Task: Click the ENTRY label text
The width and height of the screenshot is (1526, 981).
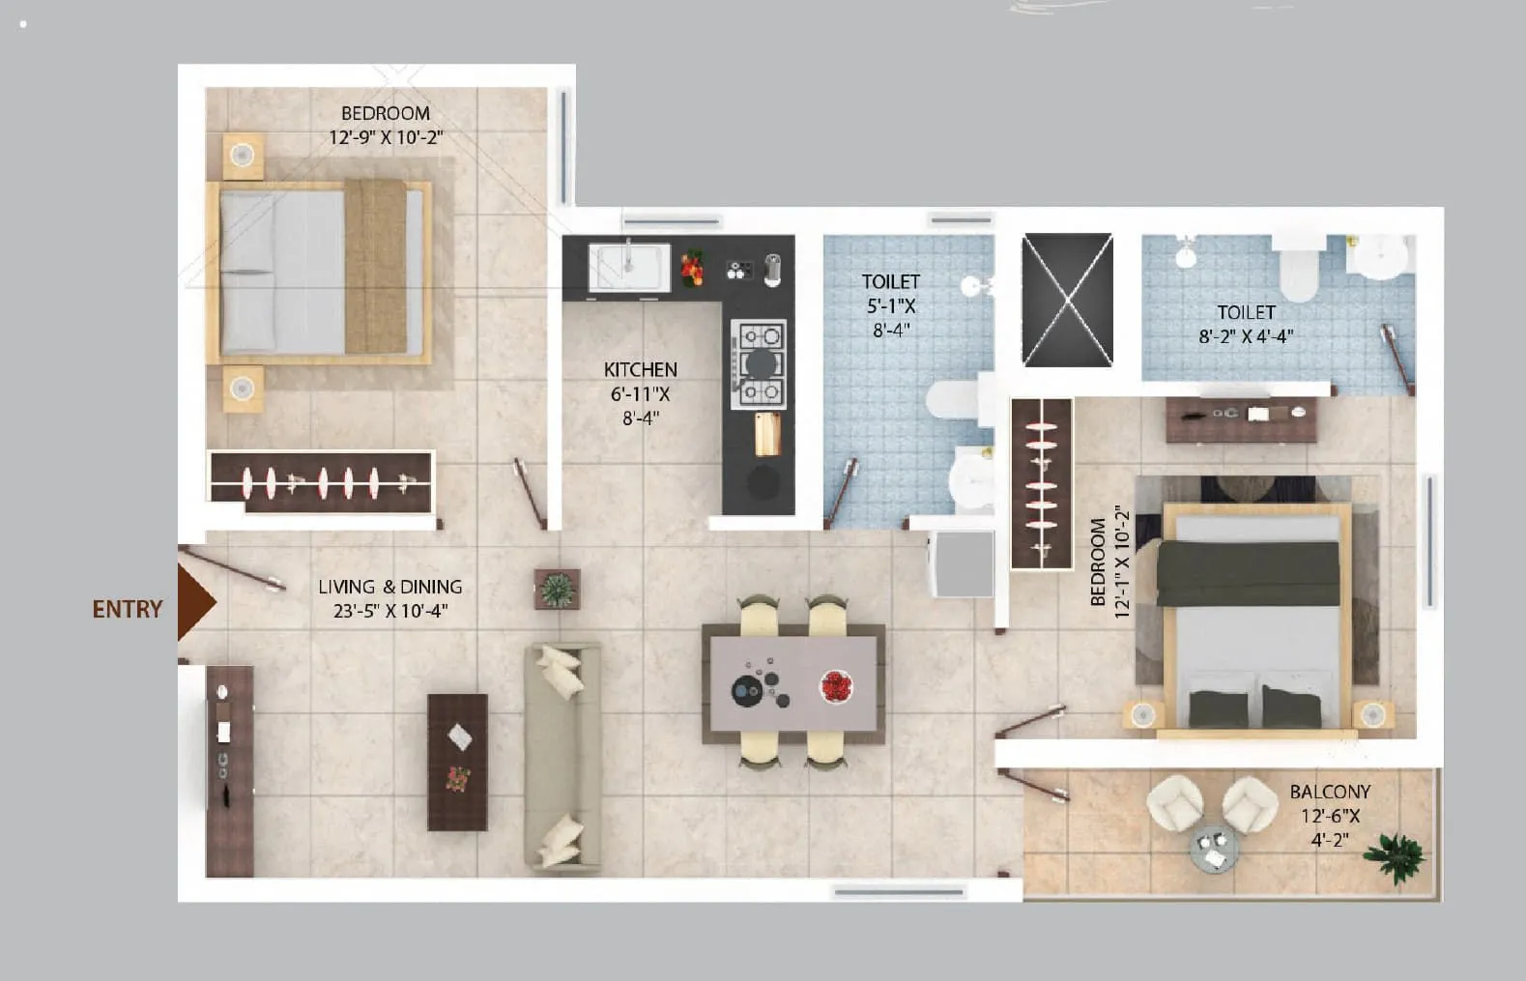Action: pyautogui.click(x=128, y=609)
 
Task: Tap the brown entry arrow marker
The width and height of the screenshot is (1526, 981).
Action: pyautogui.click(x=194, y=602)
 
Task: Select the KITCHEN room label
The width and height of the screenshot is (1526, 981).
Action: pyautogui.click(x=640, y=369)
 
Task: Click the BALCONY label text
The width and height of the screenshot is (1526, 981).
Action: pyautogui.click(x=1330, y=792)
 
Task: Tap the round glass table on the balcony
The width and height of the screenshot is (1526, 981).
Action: pyautogui.click(x=1214, y=849)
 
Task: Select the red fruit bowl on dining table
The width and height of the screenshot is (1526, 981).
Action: pyautogui.click(x=836, y=686)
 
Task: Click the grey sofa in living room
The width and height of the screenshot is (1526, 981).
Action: pyautogui.click(x=561, y=758)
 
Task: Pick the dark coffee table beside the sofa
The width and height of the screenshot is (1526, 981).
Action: pyautogui.click(x=457, y=762)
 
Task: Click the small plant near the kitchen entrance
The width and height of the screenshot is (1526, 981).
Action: pyautogui.click(x=557, y=589)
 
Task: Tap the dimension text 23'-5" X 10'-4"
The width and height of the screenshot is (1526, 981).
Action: pyautogui.click(x=384, y=611)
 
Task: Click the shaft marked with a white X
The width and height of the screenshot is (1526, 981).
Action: pyautogui.click(x=1067, y=300)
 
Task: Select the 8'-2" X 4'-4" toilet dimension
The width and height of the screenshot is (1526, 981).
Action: pyautogui.click(x=1246, y=336)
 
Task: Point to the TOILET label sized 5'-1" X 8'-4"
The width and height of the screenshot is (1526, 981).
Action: pyautogui.click(x=890, y=281)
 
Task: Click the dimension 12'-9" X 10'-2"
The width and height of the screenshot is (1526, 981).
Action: pyautogui.click(x=386, y=137)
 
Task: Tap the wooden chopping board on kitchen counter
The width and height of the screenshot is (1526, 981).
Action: pyautogui.click(x=767, y=433)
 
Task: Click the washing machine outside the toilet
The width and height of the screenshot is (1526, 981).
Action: pyautogui.click(x=962, y=563)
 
